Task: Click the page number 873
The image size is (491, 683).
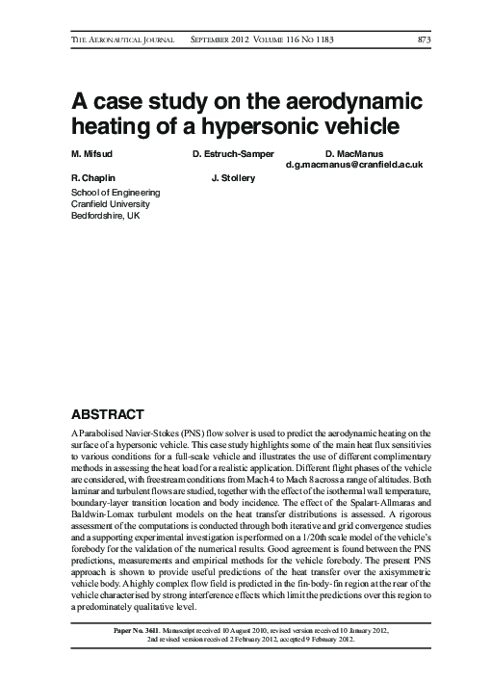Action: point(423,39)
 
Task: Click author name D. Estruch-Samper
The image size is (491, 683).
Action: point(232,154)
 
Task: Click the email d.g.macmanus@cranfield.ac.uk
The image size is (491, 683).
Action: point(355,166)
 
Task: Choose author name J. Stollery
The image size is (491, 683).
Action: point(232,178)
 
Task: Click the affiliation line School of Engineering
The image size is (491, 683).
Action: point(116,192)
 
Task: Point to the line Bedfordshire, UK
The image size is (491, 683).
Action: point(107,217)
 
